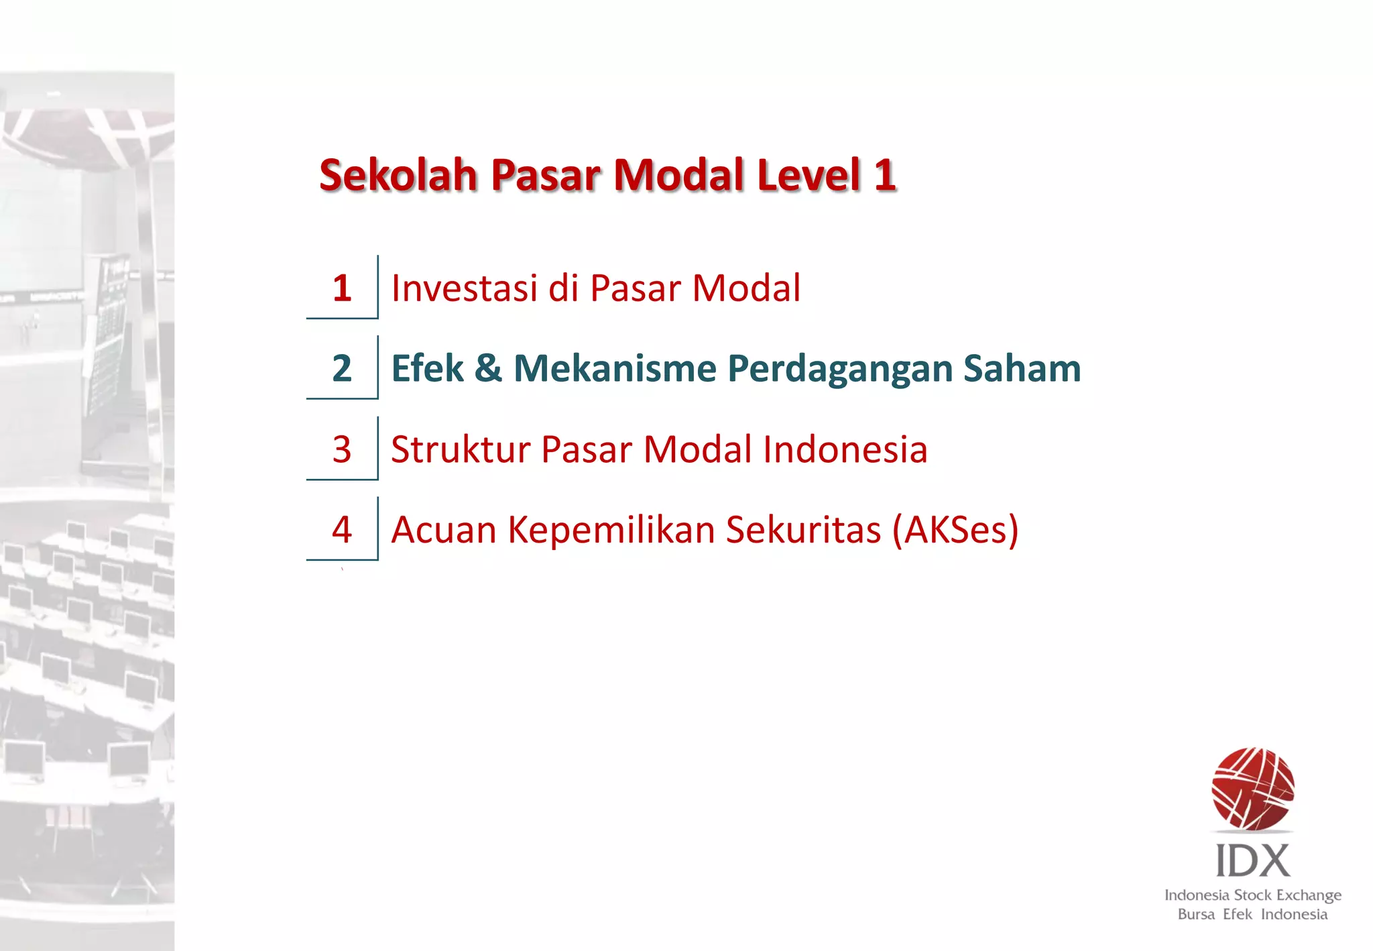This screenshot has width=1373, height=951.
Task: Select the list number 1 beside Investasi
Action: pyautogui.click(x=342, y=288)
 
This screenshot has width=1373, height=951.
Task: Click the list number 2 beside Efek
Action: pyautogui.click(x=342, y=368)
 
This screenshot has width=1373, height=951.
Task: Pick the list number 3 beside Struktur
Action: pyautogui.click(x=342, y=449)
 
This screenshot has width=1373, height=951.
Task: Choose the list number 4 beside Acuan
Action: pyautogui.click(x=342, y=530)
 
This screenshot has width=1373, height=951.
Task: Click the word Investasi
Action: pyautogui.click(x=465, y=288)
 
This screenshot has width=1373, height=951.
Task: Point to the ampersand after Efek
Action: pyautogui.click(x=488, y=368)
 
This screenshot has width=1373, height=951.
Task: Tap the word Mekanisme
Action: pyautogui.click(x=615, y=368)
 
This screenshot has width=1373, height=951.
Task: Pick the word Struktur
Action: pyautogui.click(x=461, y=449)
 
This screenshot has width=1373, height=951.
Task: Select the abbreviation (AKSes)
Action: pyautogui.click(x=955, y=530)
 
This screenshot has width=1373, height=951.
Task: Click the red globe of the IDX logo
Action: pyautogui.click(x=1252, y=789)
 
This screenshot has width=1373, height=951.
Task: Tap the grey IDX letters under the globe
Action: pyautogui.click(x=1252, y=861)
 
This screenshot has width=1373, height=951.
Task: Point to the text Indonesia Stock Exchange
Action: pyautogui.click(x=1252, y=895)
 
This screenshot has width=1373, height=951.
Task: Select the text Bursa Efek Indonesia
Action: pyautogui.click(x=1252, y=915)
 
